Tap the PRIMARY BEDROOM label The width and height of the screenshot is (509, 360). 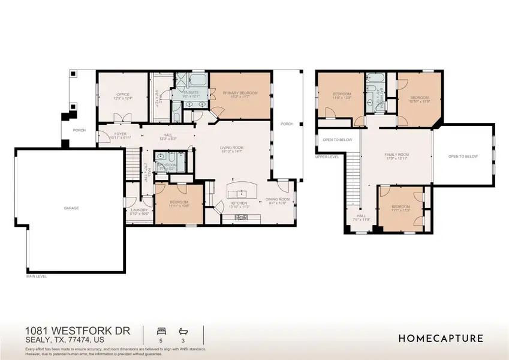[240, 93]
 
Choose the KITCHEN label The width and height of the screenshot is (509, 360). [239, 203]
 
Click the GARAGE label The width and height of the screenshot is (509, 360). [72, 208]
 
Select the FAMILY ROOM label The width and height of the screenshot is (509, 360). [396, 155]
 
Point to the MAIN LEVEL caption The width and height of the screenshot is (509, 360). [37, 277]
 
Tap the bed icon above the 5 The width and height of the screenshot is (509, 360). [160, 331]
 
